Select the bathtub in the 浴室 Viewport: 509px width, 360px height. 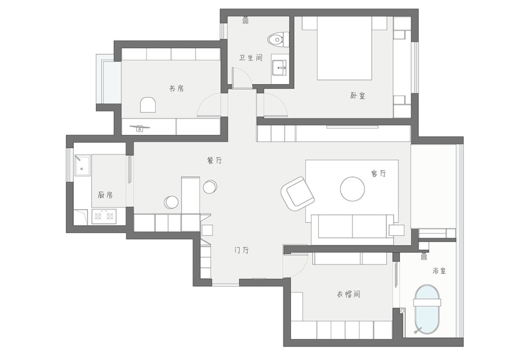click(x=427, y=311)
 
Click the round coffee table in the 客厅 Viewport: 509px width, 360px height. click(x=352, y=189)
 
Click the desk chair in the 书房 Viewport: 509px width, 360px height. click(x=148, y=104)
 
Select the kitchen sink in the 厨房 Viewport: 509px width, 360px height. click(x=83, y=165)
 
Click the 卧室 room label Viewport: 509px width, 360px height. click(x=358, y=96)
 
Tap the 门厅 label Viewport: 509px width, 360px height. click(x=242, y=251)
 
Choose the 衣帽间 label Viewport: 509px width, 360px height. click(x=348, y=294)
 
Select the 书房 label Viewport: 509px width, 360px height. click(x=177, y=88)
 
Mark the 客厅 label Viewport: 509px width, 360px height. click(x=379, y=173)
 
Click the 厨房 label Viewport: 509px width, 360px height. click(x=105, y=195)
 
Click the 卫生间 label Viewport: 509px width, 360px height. click(x=250, y=58)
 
